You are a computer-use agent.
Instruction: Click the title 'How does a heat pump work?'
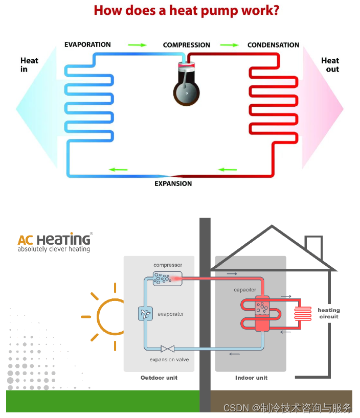(186, 10)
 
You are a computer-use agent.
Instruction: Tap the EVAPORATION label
(87, 45)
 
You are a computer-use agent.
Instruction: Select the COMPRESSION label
(186, 45)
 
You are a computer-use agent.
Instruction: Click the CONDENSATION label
(273, 45)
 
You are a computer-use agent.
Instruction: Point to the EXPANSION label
(173, 183)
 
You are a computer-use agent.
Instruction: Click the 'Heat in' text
(29, 64)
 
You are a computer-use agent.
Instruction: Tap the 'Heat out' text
(330, 64)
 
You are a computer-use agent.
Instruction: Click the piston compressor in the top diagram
(186, 85)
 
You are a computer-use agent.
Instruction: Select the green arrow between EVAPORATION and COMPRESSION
(137, 45)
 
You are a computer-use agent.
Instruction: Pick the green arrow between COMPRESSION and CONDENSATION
(229, 45)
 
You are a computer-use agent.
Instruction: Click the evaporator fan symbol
(145, 314)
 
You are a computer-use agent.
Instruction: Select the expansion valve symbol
(167, 349)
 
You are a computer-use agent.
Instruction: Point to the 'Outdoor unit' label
(159, 378)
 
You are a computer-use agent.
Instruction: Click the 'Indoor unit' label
(251, 378)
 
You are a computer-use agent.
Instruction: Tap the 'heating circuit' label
(328, 313)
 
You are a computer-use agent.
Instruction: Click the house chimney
(313, 247)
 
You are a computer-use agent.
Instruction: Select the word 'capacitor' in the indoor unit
(245, 290)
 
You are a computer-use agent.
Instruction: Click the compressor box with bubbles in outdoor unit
(163, 278)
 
